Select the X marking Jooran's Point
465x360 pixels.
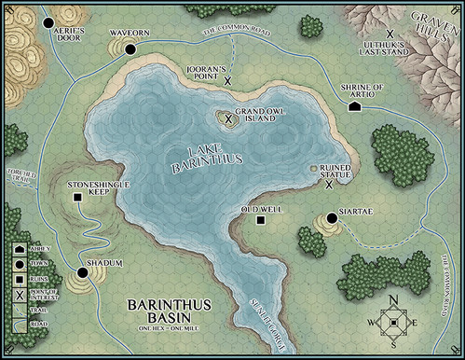click(x=227, y=81)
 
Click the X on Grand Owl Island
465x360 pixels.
click(x=226, y=118)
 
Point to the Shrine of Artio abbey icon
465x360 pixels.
click(x=355, y=106)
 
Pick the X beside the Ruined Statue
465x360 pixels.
click(x=329, y=184)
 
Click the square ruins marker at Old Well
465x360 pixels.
click(x=261, y=220)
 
